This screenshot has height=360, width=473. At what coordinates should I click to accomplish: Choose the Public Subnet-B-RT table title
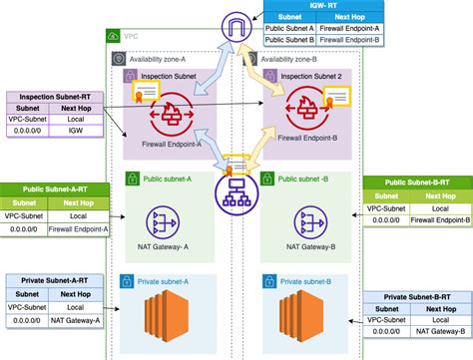click(x=418, y=182)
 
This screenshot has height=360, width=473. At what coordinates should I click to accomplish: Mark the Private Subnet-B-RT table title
click(x=417, y=297)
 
